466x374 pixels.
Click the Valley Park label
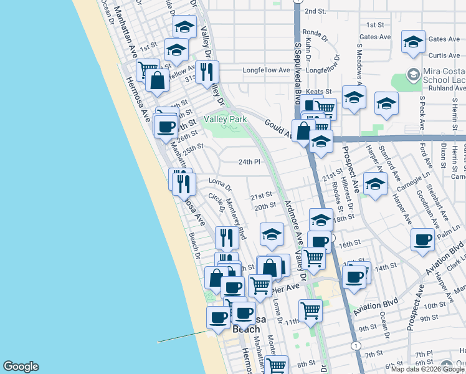[x=221, y=119]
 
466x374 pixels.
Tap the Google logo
[x=21, y=367]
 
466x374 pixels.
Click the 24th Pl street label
[x=249, y=162]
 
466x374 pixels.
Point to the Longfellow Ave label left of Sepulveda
[x=266, y=70]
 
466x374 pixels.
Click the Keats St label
[x=318, y=92]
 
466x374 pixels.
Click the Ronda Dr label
[x=315, y=33]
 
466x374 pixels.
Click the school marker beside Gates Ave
[x=412, y=42]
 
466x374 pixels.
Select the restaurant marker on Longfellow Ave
[x=207, y=70]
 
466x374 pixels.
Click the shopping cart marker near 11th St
[x=310, y=310]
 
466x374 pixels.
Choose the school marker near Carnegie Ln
[x=375, y=185]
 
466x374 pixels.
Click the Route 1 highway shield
[x=355, y=345]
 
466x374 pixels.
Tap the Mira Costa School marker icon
[x=412, y=75]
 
